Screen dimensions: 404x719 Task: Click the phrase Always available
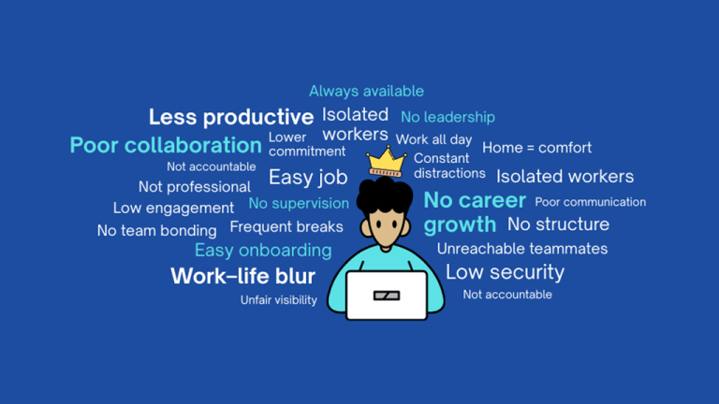[366, 91]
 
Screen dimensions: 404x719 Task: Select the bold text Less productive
[230, 117]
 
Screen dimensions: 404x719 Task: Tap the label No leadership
[448, 117]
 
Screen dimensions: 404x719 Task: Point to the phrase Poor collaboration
[166, 145]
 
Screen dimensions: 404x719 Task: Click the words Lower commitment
[294, 144]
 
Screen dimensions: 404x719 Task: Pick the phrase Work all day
[433, 139]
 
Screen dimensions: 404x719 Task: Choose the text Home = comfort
[536, 148]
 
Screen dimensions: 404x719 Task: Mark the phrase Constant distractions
[449, 166]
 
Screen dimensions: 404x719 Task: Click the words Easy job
[308, 177]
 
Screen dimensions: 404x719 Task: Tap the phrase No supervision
[299, 203]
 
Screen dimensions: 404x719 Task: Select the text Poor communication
[590, 202]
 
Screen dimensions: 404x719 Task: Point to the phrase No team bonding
[156, 230]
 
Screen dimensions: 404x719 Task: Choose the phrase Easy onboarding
[263, 250]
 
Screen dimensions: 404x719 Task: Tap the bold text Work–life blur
[242, 276]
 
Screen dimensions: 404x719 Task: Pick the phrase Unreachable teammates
[521, 249]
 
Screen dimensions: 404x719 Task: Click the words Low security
[505, 272]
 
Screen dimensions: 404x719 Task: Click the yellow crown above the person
[385, 162]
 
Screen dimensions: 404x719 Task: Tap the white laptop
[386, 295]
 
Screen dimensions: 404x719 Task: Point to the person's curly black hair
[385, 196]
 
